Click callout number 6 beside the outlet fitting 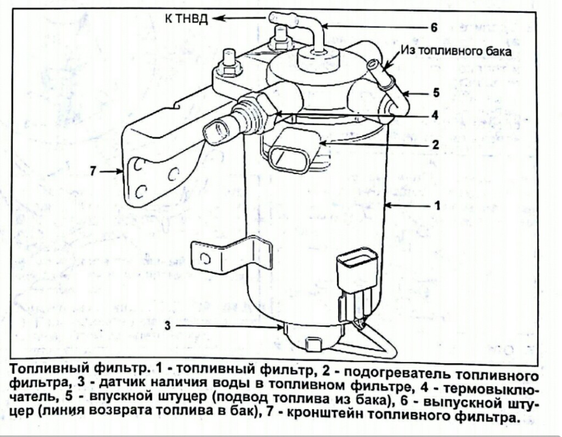click(x=434, y=27)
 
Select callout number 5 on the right click(x=436, y=93)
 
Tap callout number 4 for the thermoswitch click(x=434, y=116)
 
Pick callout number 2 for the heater click(x=435, y=144)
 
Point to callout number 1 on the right click(x=437, y=206)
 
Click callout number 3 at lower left click(x=168, y=325)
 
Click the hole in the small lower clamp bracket click(x=205, y=257)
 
